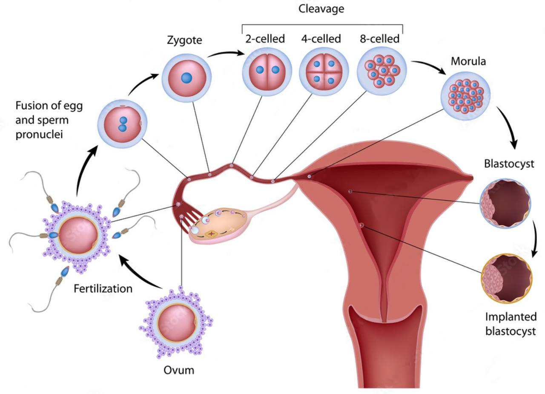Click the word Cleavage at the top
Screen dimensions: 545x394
(321, 9)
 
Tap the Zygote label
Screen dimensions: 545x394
(184, 40)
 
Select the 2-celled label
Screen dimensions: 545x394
(265, 39)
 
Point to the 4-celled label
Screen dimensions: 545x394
(321, 39)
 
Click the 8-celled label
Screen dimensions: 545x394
(379, 39)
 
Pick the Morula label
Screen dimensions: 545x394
(468, 61)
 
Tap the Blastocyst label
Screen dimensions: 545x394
(509, 164)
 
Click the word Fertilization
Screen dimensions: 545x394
(103, 289)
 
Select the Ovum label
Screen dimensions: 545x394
(179, 371)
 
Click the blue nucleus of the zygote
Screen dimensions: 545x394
(186, 78)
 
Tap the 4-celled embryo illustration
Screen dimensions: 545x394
(324, 71)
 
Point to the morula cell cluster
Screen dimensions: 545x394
(466, 96)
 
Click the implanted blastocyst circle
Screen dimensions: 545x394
(507, 279)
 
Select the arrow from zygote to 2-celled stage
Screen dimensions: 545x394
(226, 53)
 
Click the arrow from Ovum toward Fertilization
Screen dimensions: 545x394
(140, 271)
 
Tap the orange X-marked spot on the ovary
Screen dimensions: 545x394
(212, 234)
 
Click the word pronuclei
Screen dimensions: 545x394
(39, 135)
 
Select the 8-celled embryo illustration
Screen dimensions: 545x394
(382, 71)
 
